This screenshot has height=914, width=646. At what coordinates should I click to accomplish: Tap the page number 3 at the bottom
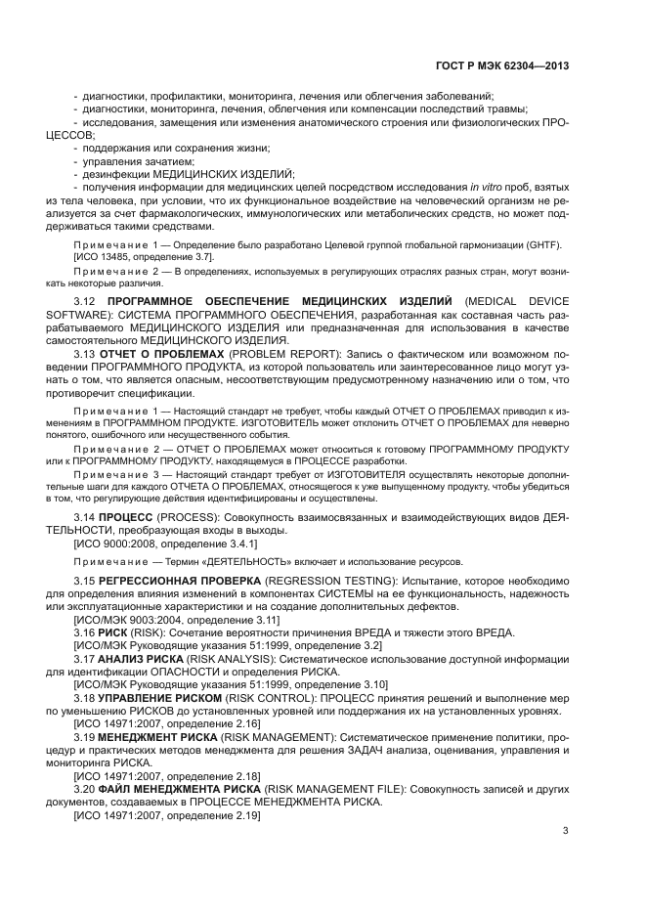565,831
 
